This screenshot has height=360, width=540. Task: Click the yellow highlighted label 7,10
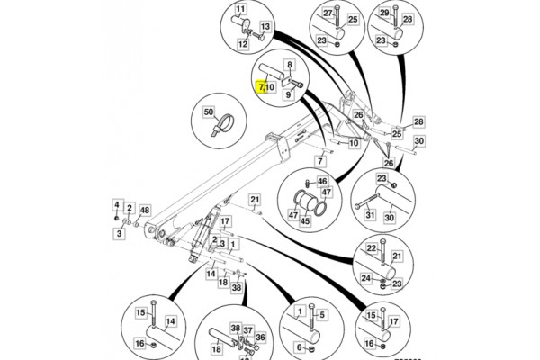coord(268,87)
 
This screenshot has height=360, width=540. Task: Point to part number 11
coord(240,11)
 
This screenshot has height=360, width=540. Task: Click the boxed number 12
coord(244,41)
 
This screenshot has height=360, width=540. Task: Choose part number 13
coord(265,27)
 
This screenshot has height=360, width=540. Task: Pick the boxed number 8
coord(290,65)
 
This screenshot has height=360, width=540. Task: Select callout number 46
coord(322,182)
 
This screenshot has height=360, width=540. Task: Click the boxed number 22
coord(370,247)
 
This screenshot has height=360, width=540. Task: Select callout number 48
coord(145,210)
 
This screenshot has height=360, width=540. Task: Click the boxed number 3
coord(117,233)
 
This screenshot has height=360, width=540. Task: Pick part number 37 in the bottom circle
coord(248,329)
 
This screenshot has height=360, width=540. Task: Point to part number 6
coord(298,348)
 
